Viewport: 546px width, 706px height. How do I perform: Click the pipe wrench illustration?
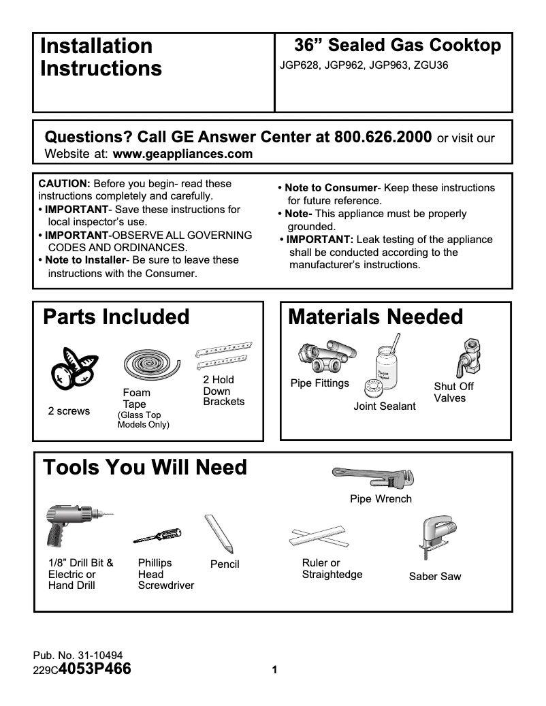click(x=372, y=477)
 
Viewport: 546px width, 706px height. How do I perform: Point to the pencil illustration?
click(x=219, y=534)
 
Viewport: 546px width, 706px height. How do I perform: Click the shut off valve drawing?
click(x=468, y=357)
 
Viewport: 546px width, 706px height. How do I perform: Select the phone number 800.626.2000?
click(x=383, y=136)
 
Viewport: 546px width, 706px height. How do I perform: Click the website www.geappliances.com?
click(x=182, y=154)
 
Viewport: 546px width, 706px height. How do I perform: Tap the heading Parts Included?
click(x=116, y=317)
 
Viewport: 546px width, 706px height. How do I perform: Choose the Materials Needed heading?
click(x=376, y=317)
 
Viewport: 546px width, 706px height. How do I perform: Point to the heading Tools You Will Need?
click(x=145, y=468)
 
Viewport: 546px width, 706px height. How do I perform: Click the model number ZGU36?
click(x=430, y=66)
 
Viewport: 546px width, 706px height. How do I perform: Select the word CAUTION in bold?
click(x=64, y=184)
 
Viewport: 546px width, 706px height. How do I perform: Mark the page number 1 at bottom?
click(x=274, y=671)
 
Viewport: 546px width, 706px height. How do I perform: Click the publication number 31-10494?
click(x=99, y=656)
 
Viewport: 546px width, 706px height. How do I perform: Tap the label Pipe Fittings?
click(x=319, y=383)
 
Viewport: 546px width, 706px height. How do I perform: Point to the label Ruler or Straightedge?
click(x=332, y=568)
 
